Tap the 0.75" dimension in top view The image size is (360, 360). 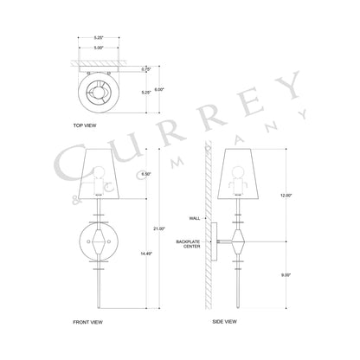click(x=122, y=67)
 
